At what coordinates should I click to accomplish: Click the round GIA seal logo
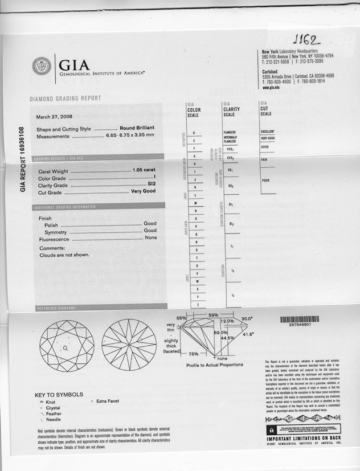[42, 66]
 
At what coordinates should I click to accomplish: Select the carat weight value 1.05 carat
[144, 170]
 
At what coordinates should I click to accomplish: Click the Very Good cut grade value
[143, 191]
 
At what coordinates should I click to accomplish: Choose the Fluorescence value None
[150, 237]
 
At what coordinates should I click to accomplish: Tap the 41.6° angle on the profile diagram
[248, 334]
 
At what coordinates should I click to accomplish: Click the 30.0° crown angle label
[247, 319]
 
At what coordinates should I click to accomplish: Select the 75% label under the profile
[193, 354]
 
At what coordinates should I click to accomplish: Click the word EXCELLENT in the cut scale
[268, 132]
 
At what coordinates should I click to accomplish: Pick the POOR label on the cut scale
[265, 181]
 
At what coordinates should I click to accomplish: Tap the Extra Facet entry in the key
[108, 402]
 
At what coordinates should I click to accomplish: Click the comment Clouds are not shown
[64, 255]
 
